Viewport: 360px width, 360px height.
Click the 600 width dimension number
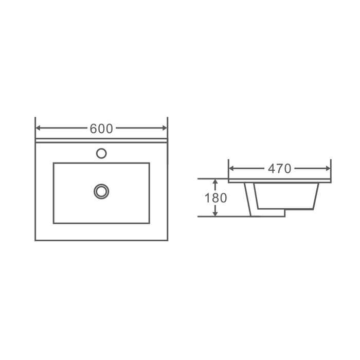(x=101, y=129)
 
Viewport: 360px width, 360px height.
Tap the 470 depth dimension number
(x=280, y=168)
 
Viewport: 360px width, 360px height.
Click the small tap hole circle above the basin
(x=101, y=153)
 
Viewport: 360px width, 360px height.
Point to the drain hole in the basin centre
(x=101, y=191)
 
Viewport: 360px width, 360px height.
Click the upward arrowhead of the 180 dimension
(x=215, y=181)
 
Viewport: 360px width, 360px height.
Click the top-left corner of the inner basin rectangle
(x=53, y=163)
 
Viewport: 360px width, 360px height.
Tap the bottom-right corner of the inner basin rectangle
(x=149, y=223)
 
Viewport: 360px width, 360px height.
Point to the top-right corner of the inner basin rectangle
(x=149, y=163)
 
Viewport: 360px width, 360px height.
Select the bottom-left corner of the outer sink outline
(x=35, y=240)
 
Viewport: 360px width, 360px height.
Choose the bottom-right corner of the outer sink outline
(x=168, y=240)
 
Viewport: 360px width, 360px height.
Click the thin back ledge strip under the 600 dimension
(x=101, y=140)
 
